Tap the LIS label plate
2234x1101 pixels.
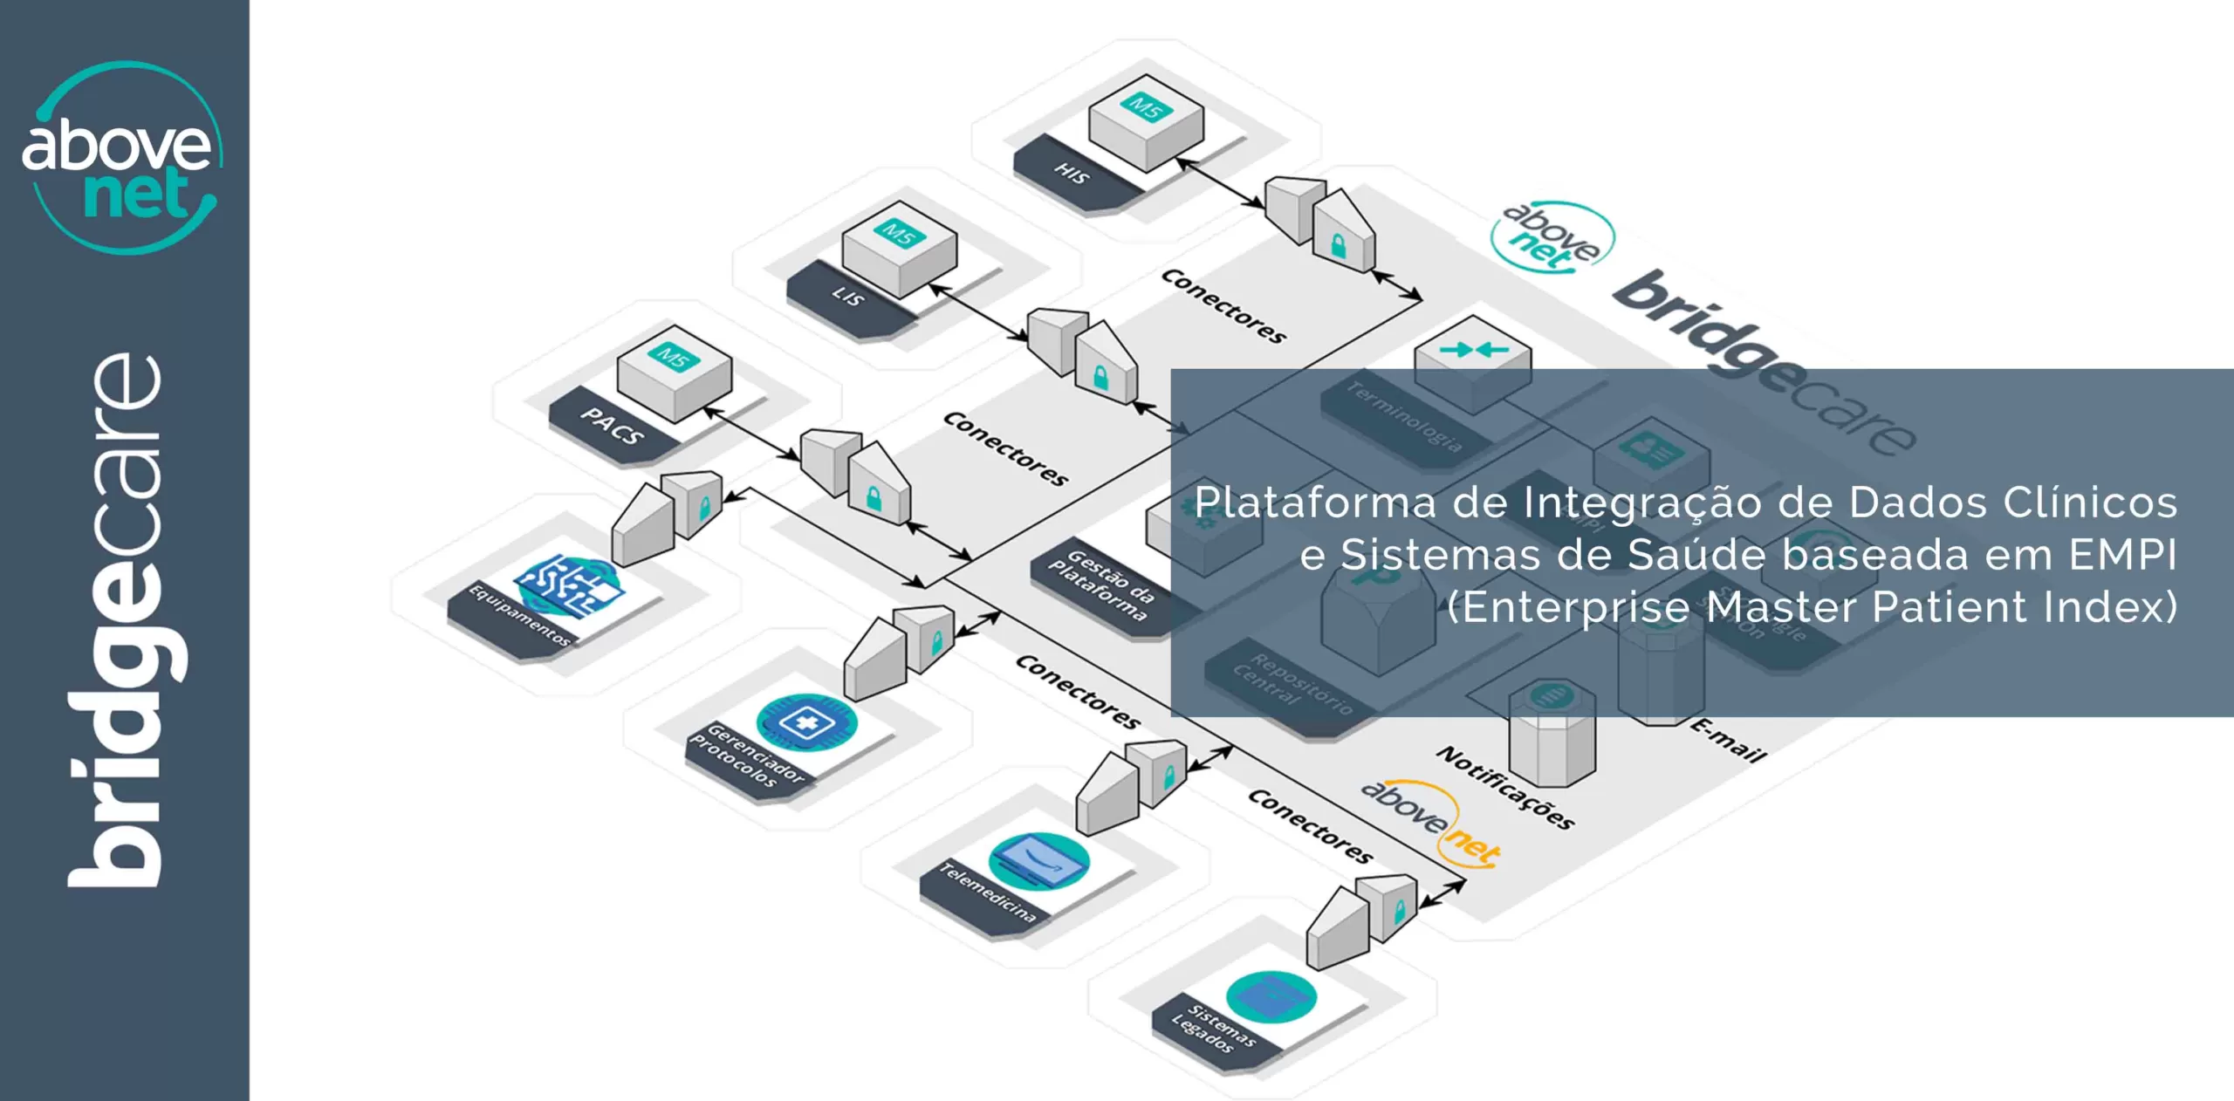(x=847, y=297)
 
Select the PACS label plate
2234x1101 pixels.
(x=613, y=427)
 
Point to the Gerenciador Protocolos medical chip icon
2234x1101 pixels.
(x=806, y=721)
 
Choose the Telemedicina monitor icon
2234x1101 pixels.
(x=1038, y=860)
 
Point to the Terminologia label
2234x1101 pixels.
(x=1404, y=415)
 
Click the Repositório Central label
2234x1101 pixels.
(x=1292, y=685)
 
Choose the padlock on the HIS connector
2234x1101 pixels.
(x=1338, y=247)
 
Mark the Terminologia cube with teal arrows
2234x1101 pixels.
(x=1473, y=359)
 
